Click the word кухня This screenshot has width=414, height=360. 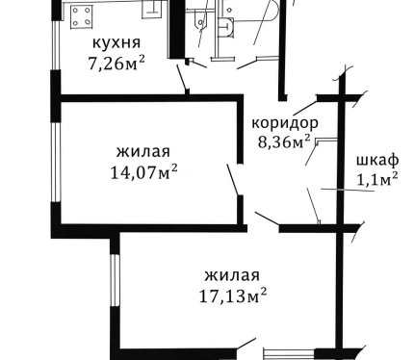[116, 43]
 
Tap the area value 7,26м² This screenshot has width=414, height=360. [116, 63]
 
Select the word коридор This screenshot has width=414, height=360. [285, 124]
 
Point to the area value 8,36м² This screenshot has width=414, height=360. [284, 141]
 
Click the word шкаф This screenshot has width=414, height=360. [377, 160]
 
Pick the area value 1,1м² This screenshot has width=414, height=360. [377, 179]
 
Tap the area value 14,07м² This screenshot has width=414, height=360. [143, 172]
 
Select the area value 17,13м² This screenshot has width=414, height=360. [233, 296]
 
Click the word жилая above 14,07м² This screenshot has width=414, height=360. [143, 151]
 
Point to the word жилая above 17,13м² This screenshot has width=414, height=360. [232, 275]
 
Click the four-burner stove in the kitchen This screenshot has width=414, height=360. [81, 17]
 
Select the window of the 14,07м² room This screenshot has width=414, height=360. [56, 162]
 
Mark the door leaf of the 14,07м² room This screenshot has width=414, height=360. [233, 180]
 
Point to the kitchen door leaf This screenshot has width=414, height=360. [182, 78]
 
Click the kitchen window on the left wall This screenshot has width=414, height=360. [56, 45]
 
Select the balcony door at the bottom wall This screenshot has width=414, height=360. [289, 354]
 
